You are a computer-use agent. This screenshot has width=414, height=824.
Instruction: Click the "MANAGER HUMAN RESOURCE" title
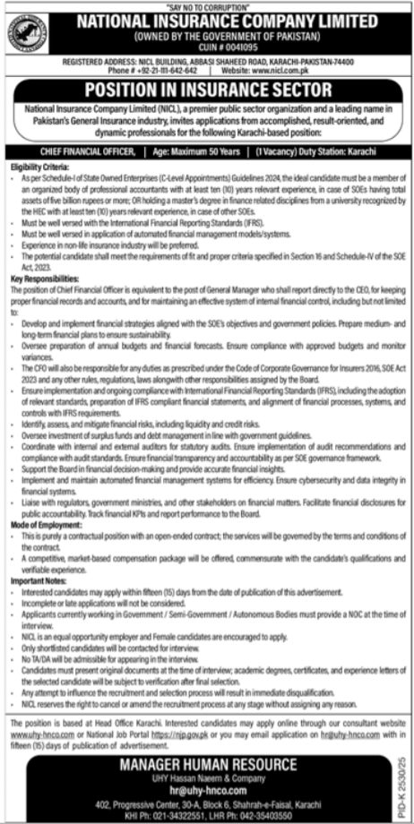[x=206, y=763]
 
